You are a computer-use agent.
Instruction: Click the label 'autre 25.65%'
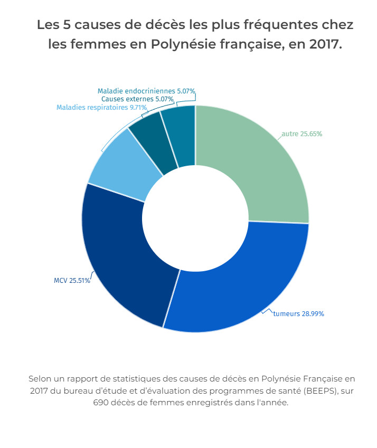[301, 134]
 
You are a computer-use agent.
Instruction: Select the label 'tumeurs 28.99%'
[298, 314]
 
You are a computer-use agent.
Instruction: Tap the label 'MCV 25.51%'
[72, 280]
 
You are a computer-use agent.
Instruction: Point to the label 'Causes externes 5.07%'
[137, 99]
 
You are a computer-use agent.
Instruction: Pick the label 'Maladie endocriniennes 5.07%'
[146, 91]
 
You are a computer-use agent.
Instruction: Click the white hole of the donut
[195, 219]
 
